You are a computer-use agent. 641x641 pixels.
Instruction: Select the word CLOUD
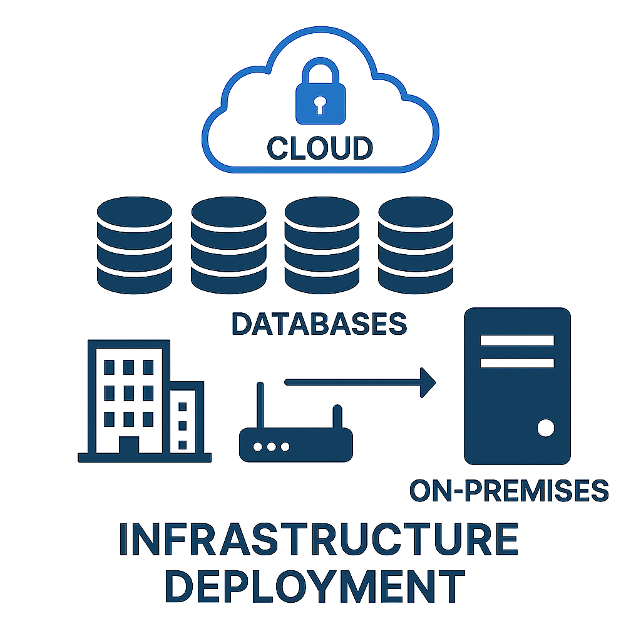(320, 148)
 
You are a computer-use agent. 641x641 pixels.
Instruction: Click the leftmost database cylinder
(134, 246)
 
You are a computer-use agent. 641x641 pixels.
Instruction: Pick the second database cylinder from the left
(228, 246)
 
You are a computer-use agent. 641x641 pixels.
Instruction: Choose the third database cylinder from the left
(322, 246)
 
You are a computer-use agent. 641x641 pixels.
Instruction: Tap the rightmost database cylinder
(415, 246)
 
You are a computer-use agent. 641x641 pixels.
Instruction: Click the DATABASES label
(319, 324)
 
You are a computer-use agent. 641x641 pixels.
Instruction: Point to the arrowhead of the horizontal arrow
(428, 382)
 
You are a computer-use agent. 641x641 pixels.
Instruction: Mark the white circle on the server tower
(545, 428)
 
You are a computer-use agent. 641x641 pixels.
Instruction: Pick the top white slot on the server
(516, 341)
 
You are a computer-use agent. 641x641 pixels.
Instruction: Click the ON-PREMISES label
(509, 491)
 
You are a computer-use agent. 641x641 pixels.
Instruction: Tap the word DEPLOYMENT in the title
(317, 586)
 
